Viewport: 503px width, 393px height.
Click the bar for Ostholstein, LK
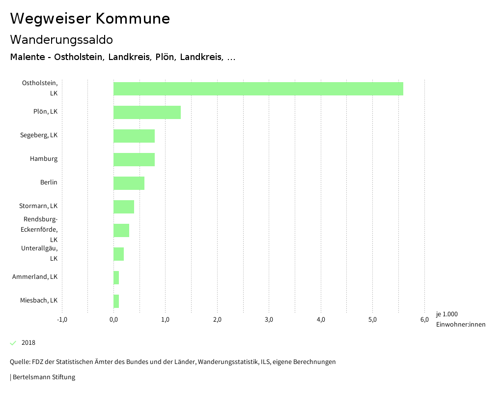click(258, 89)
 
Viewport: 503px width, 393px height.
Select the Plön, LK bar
click(147, 112)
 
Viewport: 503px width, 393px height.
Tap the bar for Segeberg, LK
click(134, 136)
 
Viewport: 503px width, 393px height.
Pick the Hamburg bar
click(134, 159)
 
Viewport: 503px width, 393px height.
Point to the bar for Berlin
click(129, 183)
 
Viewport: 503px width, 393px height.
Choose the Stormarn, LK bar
click(124, 207)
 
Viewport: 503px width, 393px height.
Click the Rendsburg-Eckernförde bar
click(121, 230)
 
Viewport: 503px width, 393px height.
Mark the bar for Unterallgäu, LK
click(118, 254)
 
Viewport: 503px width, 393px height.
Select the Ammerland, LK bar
click(116, 277)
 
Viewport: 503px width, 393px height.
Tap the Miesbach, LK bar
click(116, 301)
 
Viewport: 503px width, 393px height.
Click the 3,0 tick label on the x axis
click(269, 320)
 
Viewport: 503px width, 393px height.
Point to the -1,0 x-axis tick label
click(62, 320)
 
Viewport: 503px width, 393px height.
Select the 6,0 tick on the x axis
click(424, 320)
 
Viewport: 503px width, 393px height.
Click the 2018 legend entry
click(28, 343)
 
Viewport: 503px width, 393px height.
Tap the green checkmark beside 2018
click(13, 343)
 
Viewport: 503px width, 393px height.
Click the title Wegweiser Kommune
click(90, 19)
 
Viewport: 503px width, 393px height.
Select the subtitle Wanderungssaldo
click(61, 39)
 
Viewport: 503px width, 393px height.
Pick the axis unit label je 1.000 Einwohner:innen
click(460, 319)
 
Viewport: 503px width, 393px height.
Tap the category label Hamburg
click(43, 159)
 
